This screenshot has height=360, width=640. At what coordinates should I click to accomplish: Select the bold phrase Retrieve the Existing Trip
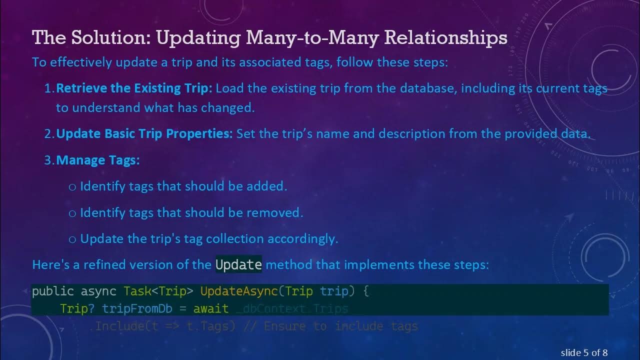pyautogui.click(x=134, y=88)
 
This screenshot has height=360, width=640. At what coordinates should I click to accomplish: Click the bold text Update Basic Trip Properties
pyautogui.click(x=144, y=134)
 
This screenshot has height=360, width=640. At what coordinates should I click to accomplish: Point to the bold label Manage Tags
pyautogui.click(x=97, y=160)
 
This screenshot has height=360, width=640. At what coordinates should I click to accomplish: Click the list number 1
pyautogui.click(x=49, y=88)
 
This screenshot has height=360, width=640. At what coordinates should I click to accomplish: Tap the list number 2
pyautogui.click(x=49, y=134)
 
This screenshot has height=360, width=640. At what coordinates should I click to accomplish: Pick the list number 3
pyautogui.click(x=49, y=160)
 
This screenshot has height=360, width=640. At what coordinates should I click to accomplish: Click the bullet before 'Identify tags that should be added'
pyautogui.click(x=72, y=186)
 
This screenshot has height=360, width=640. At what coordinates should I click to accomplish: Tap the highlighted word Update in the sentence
pyautogui.click(x=238, y=264)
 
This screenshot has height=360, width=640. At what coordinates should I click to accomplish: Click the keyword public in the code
pyautogui.click(x=53, y=291)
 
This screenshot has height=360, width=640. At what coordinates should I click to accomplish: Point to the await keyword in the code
pyautogui.click(x=210, y=308)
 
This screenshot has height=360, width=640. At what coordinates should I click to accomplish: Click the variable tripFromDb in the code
pyautogui.click(x=137, y=308)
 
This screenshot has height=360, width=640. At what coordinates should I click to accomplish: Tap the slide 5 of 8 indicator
pyautogui.click(x=584, y=353)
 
